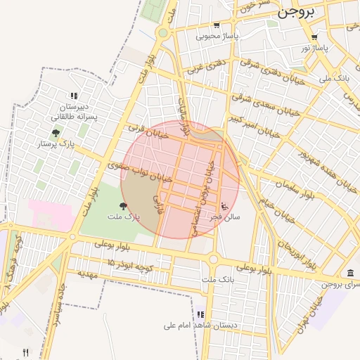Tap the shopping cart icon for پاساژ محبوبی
217,25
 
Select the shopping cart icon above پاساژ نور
314,38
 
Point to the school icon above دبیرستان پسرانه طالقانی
73,96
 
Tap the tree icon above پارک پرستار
56,133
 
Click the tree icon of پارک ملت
124,206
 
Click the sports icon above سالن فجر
224,207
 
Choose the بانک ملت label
216,280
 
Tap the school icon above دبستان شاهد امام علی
200,314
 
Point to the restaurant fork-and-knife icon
26,352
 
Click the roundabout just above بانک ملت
213,260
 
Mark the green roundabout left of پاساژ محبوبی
163,32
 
